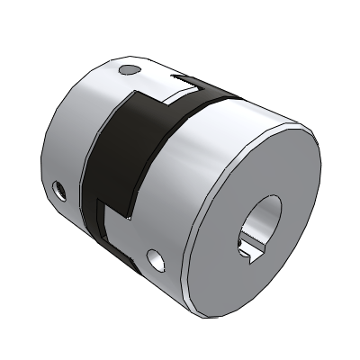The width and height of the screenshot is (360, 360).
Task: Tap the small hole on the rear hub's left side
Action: pos(60,190)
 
